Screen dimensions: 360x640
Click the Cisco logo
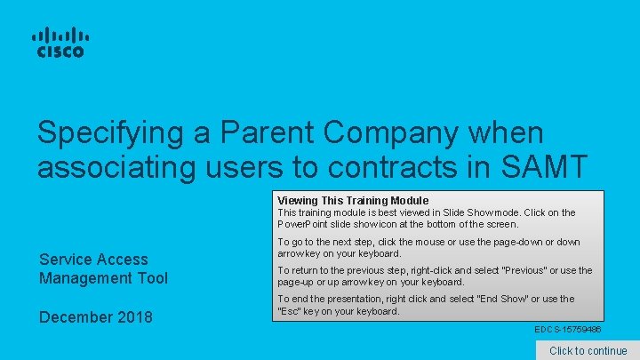[x=60, y=43]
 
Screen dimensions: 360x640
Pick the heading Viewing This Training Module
[x=353, y=201]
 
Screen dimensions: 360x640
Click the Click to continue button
[x=588, y=350]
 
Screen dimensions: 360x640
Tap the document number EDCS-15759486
[x=567, y=330]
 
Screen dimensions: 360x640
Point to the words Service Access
[x=93, y=260]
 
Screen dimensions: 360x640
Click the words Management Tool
[x=103, y=278]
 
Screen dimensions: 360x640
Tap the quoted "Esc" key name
[x=291, y=311]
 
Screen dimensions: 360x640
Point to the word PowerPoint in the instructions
[x=305, y=224]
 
